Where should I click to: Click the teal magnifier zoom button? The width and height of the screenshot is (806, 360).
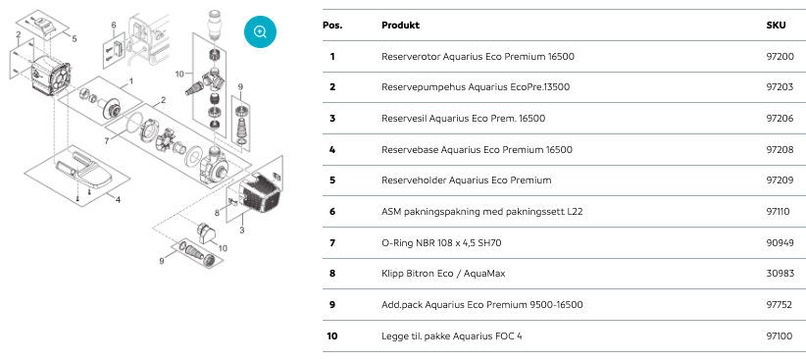coord(260,32)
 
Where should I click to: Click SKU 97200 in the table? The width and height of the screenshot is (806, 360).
coord(780,57)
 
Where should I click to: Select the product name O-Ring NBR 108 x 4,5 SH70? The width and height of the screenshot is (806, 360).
coord(441,242)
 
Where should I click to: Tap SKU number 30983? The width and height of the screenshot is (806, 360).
coord(780,274)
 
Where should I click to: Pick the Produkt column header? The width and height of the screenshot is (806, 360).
coord(400,26)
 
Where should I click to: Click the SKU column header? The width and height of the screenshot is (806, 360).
coord(776,26)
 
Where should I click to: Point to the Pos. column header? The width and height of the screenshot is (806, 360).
coord(332,26)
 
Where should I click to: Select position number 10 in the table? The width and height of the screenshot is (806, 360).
coord(332,336)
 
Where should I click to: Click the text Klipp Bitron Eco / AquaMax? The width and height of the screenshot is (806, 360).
coord(443,274)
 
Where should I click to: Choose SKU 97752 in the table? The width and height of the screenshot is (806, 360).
coord(780,305)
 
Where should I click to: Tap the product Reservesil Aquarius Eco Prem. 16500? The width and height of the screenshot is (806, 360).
coord(463,119)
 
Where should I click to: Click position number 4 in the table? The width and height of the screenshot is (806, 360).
coord(332,150)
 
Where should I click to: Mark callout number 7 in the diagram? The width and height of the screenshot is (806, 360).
coord(107,140)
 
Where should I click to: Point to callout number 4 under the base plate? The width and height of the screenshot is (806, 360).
coord(118,199)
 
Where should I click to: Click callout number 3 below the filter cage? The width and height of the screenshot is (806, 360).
coord(242,230)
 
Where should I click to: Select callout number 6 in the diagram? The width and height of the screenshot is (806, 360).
coord(114,26)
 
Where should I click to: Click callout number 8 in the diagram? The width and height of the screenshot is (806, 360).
coord(217,212)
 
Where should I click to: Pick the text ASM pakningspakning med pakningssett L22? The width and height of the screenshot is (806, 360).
coord(482,211)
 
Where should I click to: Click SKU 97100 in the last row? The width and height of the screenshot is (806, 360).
coord(780,336)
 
